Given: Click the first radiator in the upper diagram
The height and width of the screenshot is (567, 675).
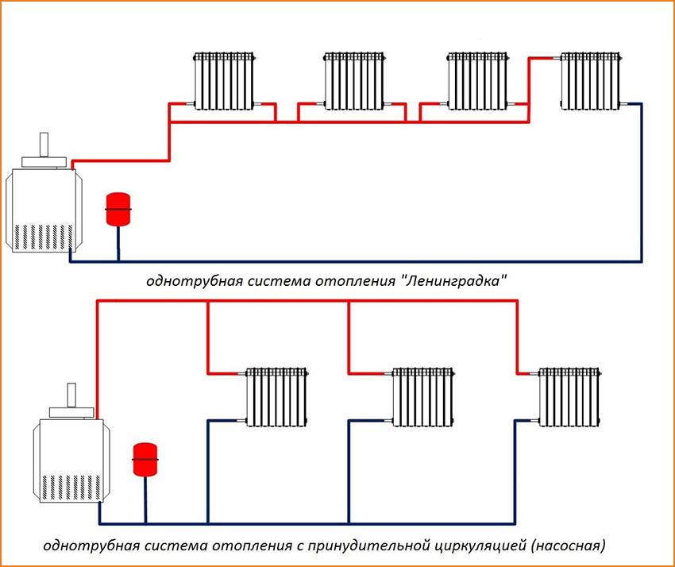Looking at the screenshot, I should (226, 81).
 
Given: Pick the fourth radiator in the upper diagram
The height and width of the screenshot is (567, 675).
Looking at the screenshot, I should (591, 81).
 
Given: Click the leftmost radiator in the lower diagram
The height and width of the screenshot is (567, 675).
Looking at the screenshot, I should (276, 396).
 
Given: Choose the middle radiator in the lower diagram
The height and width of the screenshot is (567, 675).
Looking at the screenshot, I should (422, 396).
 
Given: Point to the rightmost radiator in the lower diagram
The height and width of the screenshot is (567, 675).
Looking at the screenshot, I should (569, 396).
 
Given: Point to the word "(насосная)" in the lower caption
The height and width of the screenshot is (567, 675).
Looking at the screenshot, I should (569, 546).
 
